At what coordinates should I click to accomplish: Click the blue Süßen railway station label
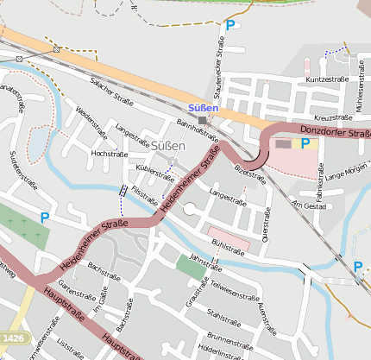point(203,108)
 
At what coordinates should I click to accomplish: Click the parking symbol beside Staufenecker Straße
point(230,26)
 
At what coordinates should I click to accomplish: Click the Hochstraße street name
point(109,153)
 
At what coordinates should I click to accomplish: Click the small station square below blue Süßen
point(204,120)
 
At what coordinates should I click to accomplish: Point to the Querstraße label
point(267,221)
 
